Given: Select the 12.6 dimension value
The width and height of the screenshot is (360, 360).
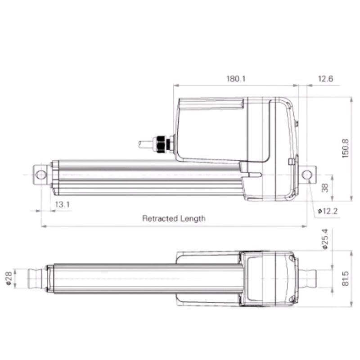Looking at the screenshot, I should (x=325, y=78).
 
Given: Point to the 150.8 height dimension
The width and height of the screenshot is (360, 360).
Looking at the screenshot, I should (x=345, y=148).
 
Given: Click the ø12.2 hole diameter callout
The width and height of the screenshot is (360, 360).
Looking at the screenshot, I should (x=328, y=211).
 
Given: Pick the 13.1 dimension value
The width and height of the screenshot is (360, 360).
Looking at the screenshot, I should (x=62, y=204).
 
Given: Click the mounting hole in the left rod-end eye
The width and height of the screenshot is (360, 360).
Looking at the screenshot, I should (x=41, y=175).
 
